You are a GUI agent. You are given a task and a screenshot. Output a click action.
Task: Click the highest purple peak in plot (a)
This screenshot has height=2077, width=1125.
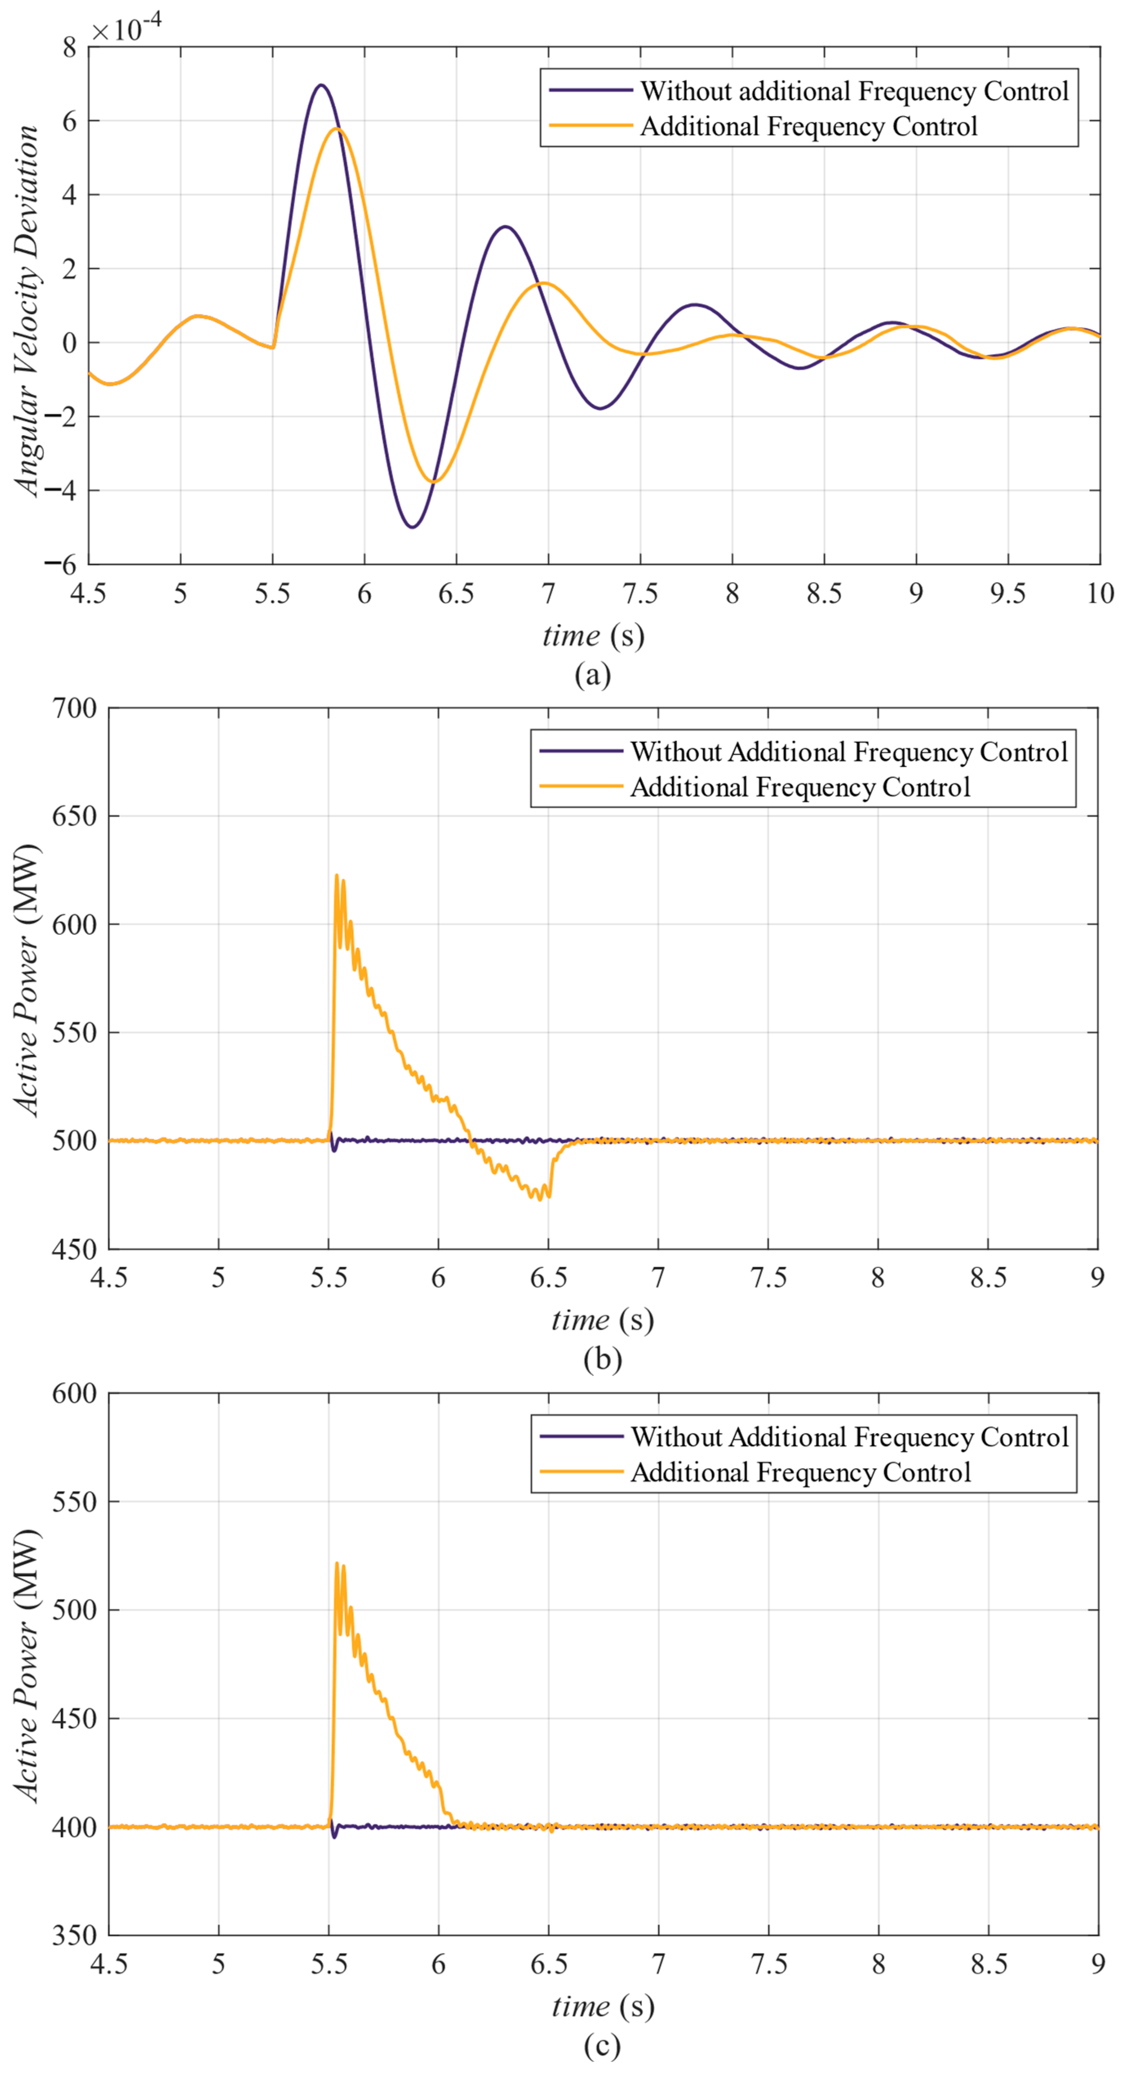coord(321,85)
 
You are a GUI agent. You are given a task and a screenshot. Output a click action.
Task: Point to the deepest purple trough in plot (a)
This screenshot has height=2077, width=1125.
coord(412,526)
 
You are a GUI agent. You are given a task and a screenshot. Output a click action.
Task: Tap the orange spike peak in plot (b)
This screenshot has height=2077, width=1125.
coord(336,875)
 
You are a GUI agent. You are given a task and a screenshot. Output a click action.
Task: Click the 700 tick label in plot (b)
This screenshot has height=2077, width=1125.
coord(74,709)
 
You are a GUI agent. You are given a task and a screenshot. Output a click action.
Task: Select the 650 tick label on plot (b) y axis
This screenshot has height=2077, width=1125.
coord(74,816)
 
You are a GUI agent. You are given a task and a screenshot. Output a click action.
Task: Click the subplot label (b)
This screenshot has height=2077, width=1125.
coord(602,1358)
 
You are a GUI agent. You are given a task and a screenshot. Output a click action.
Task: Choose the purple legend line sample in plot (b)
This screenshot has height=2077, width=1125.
coord(580,751)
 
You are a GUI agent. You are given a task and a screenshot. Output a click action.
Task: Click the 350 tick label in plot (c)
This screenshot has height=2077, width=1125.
coord(74,1935)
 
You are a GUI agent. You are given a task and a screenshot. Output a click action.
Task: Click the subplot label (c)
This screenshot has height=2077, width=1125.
coord(602,2046)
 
